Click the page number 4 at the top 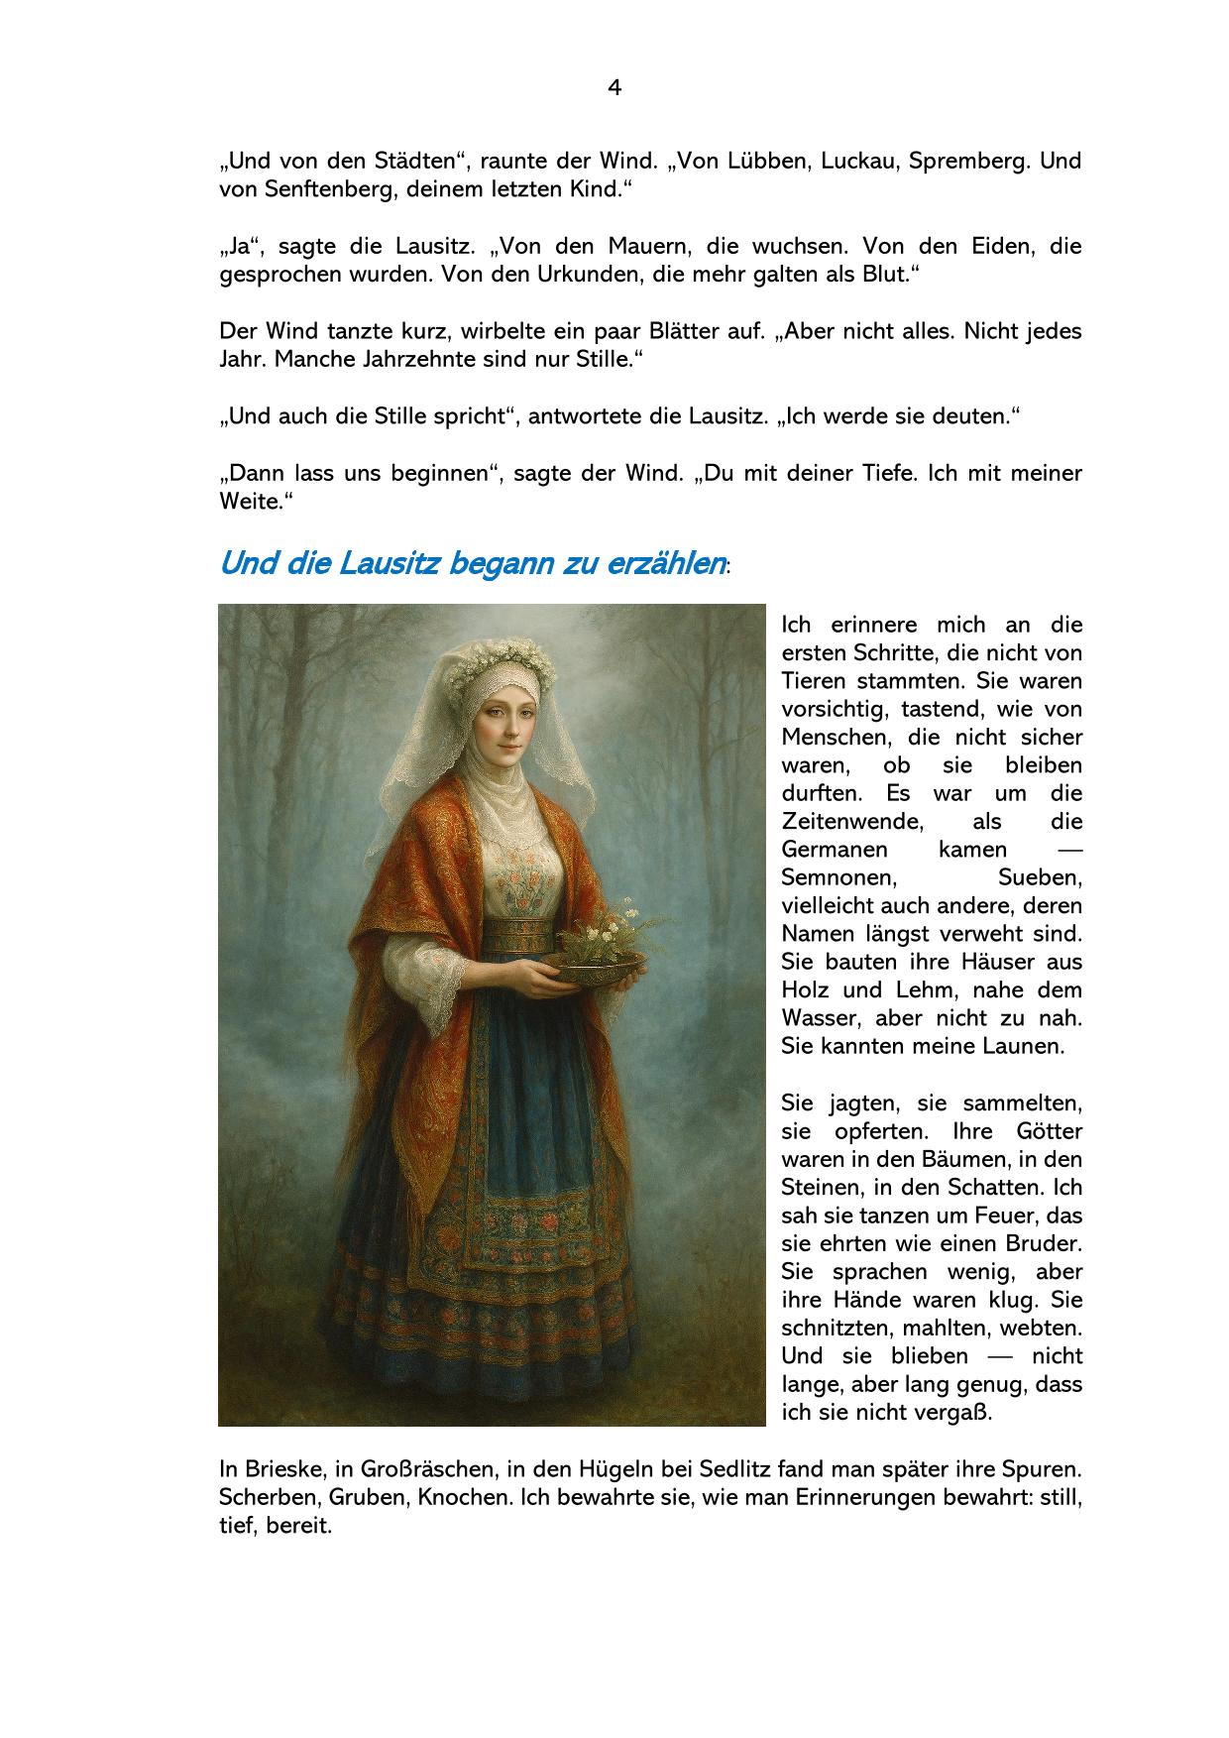coord(614,88)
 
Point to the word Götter coord(1049,1131)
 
